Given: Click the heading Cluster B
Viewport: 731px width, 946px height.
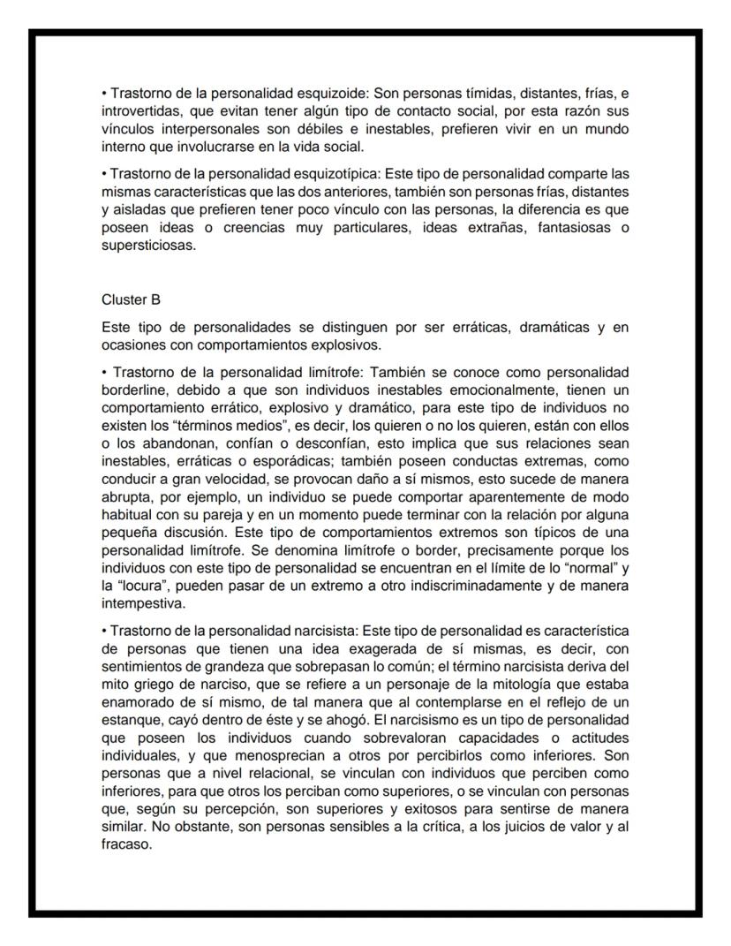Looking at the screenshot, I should [x=131, y=299].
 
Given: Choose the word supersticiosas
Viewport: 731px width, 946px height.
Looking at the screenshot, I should [x=147, y=246].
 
